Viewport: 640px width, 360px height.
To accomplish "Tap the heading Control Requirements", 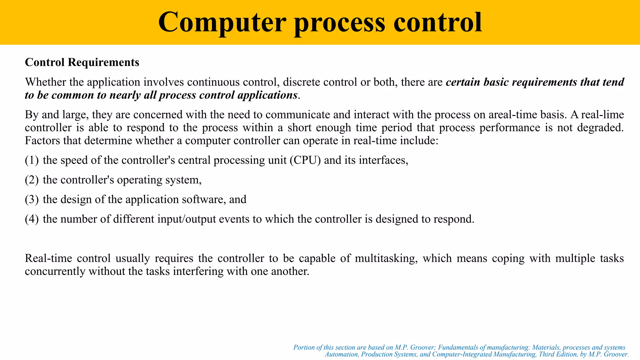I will click(82, 62).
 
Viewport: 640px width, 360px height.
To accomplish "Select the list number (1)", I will click(32, 160).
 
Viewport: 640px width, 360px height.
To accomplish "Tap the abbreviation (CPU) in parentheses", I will click(305, 160).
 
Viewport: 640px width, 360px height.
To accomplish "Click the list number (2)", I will click(32, 180).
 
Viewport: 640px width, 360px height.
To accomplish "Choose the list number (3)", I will click(32, 199).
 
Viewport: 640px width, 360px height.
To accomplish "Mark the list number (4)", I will click(32, 219).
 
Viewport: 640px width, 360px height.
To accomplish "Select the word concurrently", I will click(55, 271).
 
